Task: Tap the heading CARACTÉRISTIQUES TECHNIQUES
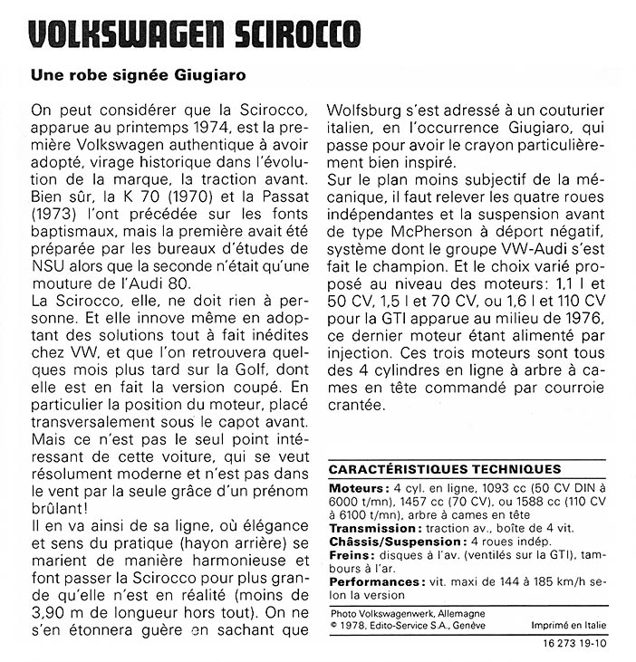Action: pos(444,469)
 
